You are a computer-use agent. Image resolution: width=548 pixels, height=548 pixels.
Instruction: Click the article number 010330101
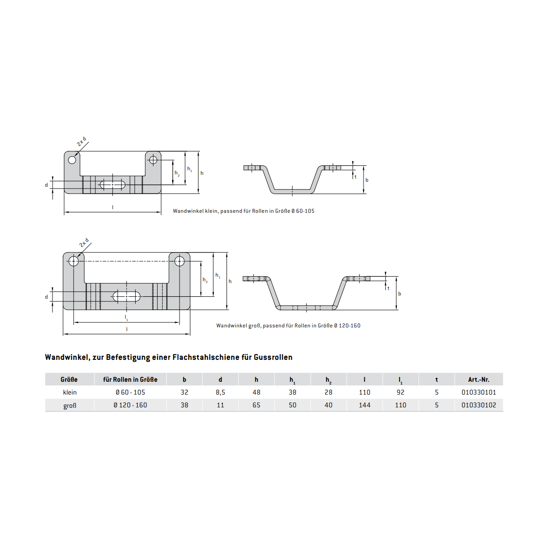[x=479, y=392]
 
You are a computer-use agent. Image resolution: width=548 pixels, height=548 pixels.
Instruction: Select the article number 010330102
[x=479, y=405]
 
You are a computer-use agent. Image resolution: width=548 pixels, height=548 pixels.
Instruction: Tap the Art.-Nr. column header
[x=479, y=379]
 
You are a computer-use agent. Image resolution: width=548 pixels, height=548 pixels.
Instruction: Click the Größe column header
[x=69, y=379]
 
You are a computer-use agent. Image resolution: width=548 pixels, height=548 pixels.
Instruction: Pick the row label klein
[x=70, y=392]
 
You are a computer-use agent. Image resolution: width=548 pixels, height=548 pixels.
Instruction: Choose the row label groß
[x=70, y=406]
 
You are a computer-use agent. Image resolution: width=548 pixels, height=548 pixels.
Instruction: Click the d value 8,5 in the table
[x=221, y=392]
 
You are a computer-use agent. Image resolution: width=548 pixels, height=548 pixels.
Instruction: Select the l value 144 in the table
[x=364, y=405]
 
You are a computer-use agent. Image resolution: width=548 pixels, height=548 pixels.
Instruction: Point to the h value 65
[x=256, y=405]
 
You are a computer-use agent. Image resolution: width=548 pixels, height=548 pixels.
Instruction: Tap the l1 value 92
[x=400, y=392]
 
